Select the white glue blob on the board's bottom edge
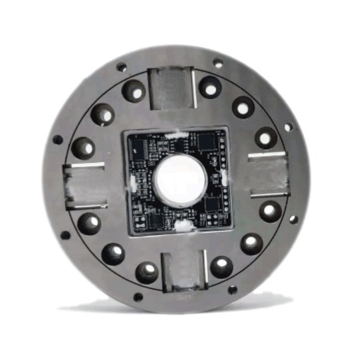tap(183, 226)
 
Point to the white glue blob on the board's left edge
tap(134, 182)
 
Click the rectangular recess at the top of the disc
tap(170, 87)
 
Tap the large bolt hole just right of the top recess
tap(210, 87)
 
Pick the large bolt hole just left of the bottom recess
tap(147, 271)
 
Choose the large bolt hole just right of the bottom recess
tap(221, 266)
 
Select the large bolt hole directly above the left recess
tap(83, 148)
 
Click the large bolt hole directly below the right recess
tap(270, 210)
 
